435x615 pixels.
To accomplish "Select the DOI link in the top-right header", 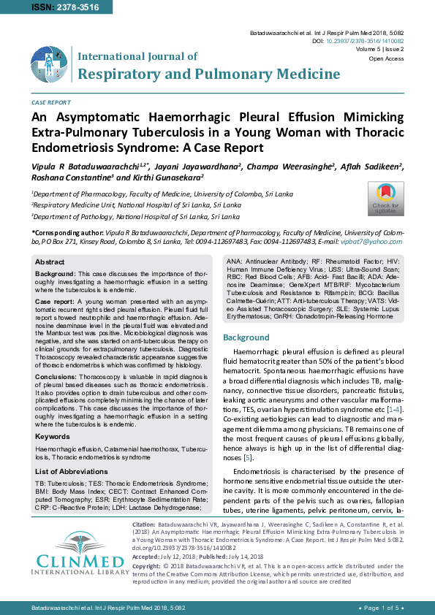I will (x=372, y=42).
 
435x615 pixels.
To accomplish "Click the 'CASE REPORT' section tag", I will (x=50, y=103).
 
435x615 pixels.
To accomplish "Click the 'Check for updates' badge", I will (x=385, y=197).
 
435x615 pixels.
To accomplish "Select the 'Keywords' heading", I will (x=53, y=436).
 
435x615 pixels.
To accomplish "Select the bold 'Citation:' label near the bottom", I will (x=143, y=525).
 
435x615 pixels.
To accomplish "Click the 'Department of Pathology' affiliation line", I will (x=135, y=216).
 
